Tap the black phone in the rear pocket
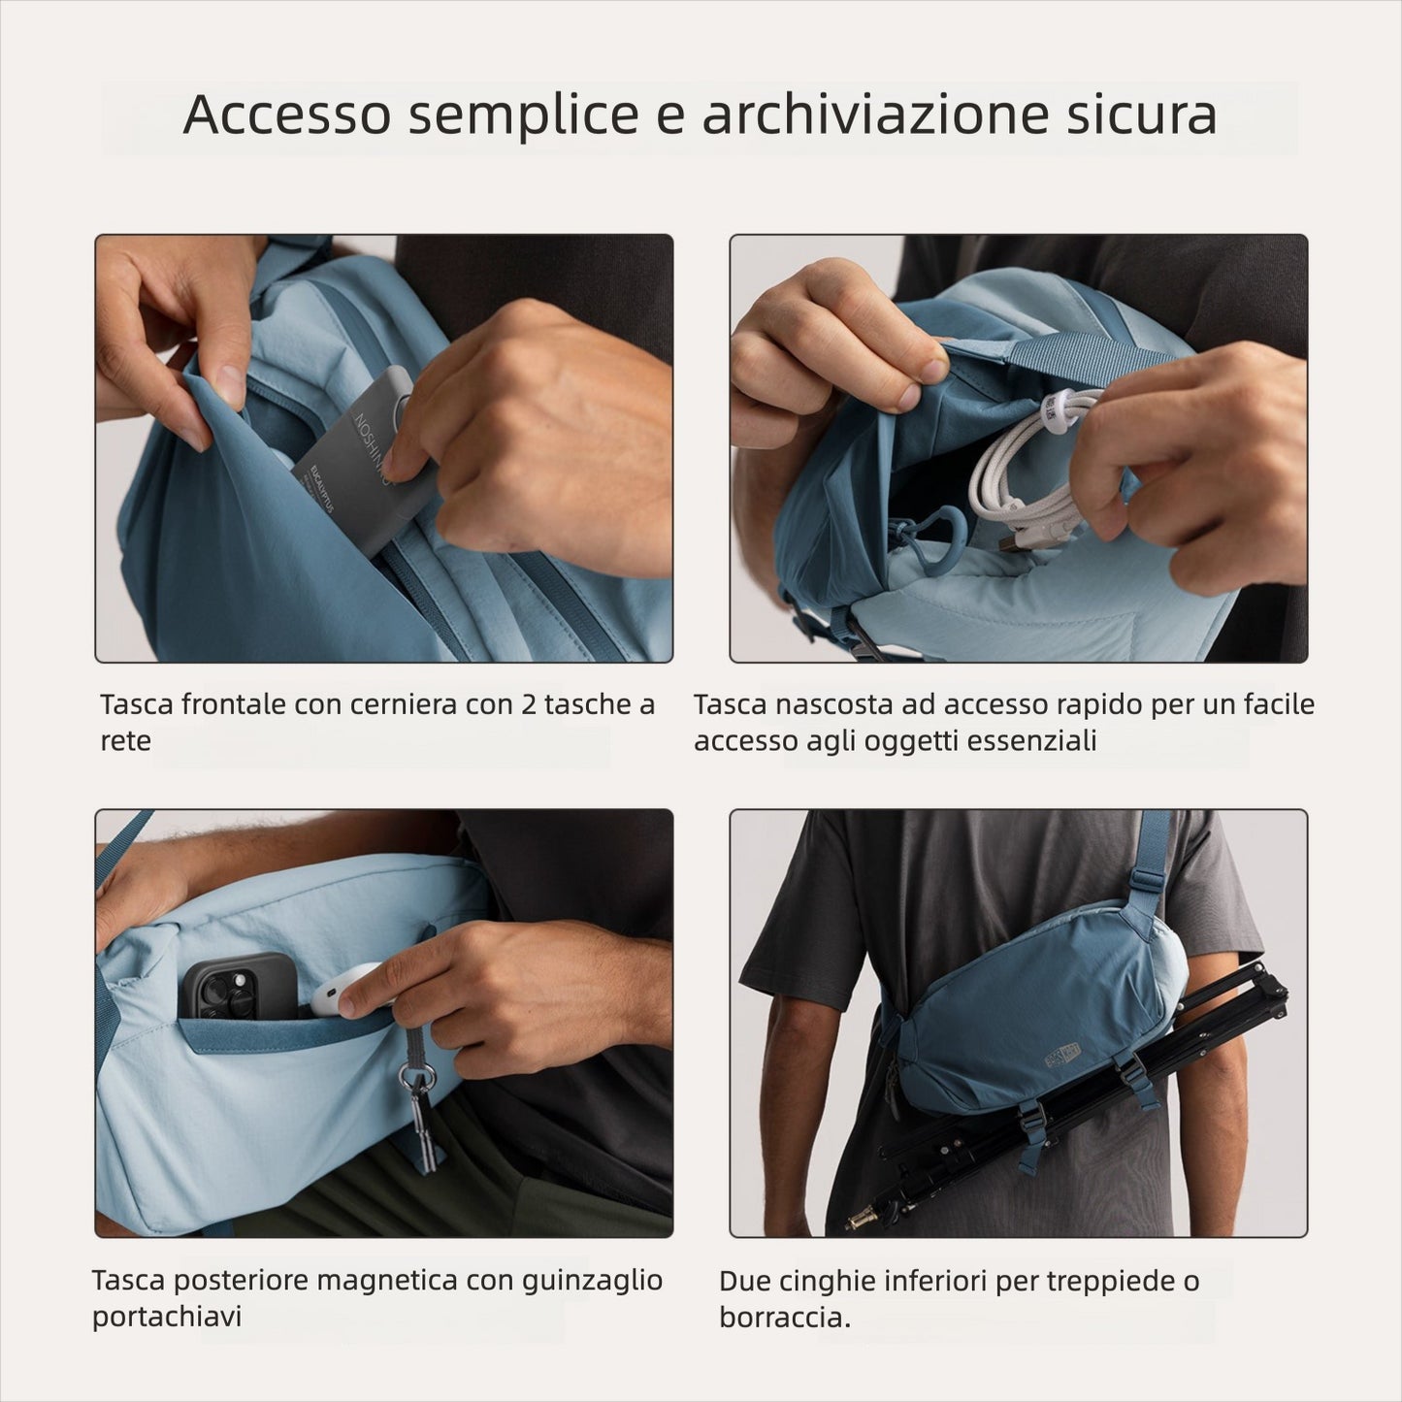(238, 985)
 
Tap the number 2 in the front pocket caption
(528, 704)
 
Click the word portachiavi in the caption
(166, 1317)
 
